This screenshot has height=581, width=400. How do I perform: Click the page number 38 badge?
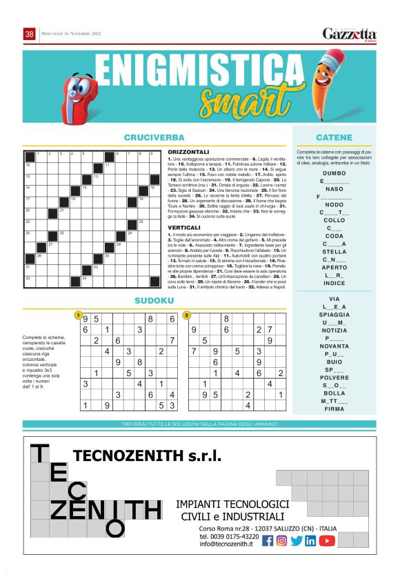(x=30, y=34)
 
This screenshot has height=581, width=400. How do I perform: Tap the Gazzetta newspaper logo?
(x=350, y=35)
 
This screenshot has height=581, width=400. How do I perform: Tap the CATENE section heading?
(x=334, y=137)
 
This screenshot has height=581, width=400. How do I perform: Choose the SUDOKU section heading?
(x=154, y=300)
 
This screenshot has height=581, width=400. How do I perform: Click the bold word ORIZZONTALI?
(x=188, y=152)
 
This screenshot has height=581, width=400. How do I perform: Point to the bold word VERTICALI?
(x=183, y=227)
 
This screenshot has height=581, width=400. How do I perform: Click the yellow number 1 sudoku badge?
(x=79, y=315)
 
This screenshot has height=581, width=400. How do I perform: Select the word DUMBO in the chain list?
(x=334, y=173)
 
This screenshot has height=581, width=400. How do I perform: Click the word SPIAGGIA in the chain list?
(x=334, y=314)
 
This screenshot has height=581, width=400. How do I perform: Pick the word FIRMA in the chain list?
(x=334, y=408)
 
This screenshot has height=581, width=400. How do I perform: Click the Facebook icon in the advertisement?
(x=268, y=541)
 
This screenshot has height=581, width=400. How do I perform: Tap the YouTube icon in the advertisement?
(x=327, y=541)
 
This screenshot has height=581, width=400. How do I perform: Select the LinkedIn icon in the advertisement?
(x=311, y=541)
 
